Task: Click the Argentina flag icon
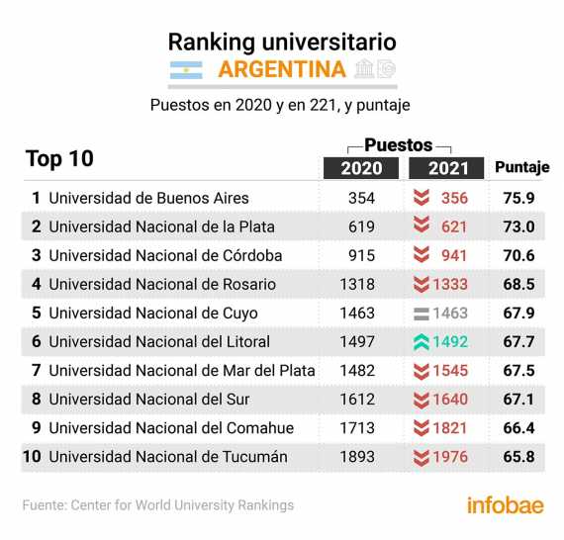point(186,70)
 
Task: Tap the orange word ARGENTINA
point(282,69)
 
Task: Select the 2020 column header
point(361,168)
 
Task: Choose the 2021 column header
point(446,168)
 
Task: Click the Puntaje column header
point(521,167)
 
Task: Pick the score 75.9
point(518,198)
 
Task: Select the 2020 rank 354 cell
point(361,198)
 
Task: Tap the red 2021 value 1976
point(450,457)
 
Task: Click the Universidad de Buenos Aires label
point(148,198)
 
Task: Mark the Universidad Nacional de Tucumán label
point(168,457)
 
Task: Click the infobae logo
point(505,505)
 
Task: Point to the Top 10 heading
point(59,159)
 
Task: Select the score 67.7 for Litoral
point(518,342)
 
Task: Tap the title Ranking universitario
point(282,42)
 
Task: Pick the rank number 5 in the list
point(36,314)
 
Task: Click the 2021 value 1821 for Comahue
point(450,428)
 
